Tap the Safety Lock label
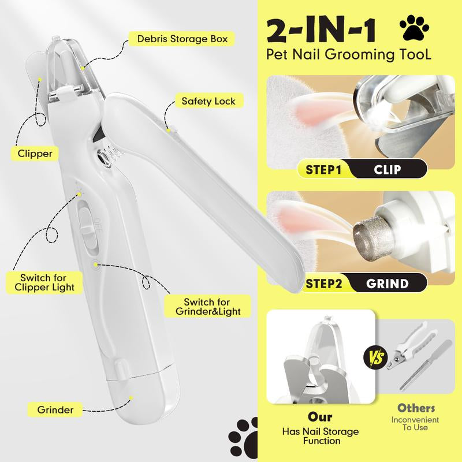click(208, 101)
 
